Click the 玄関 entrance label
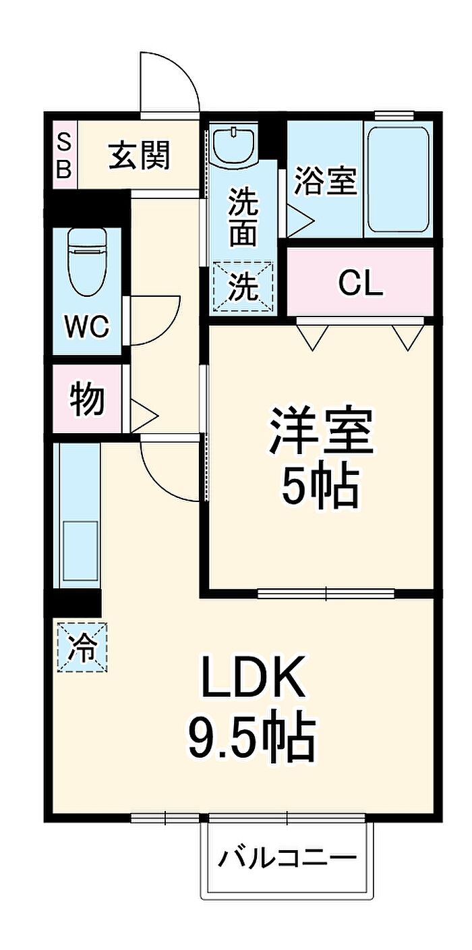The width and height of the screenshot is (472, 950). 140,157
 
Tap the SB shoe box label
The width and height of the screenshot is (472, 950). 63,156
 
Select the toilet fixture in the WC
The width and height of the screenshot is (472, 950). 87,260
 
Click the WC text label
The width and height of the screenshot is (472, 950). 87,327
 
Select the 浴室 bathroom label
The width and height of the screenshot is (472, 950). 325,181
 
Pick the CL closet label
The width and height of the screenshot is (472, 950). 361,284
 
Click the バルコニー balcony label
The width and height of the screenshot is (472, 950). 287,859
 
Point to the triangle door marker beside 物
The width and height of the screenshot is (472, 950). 142,412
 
